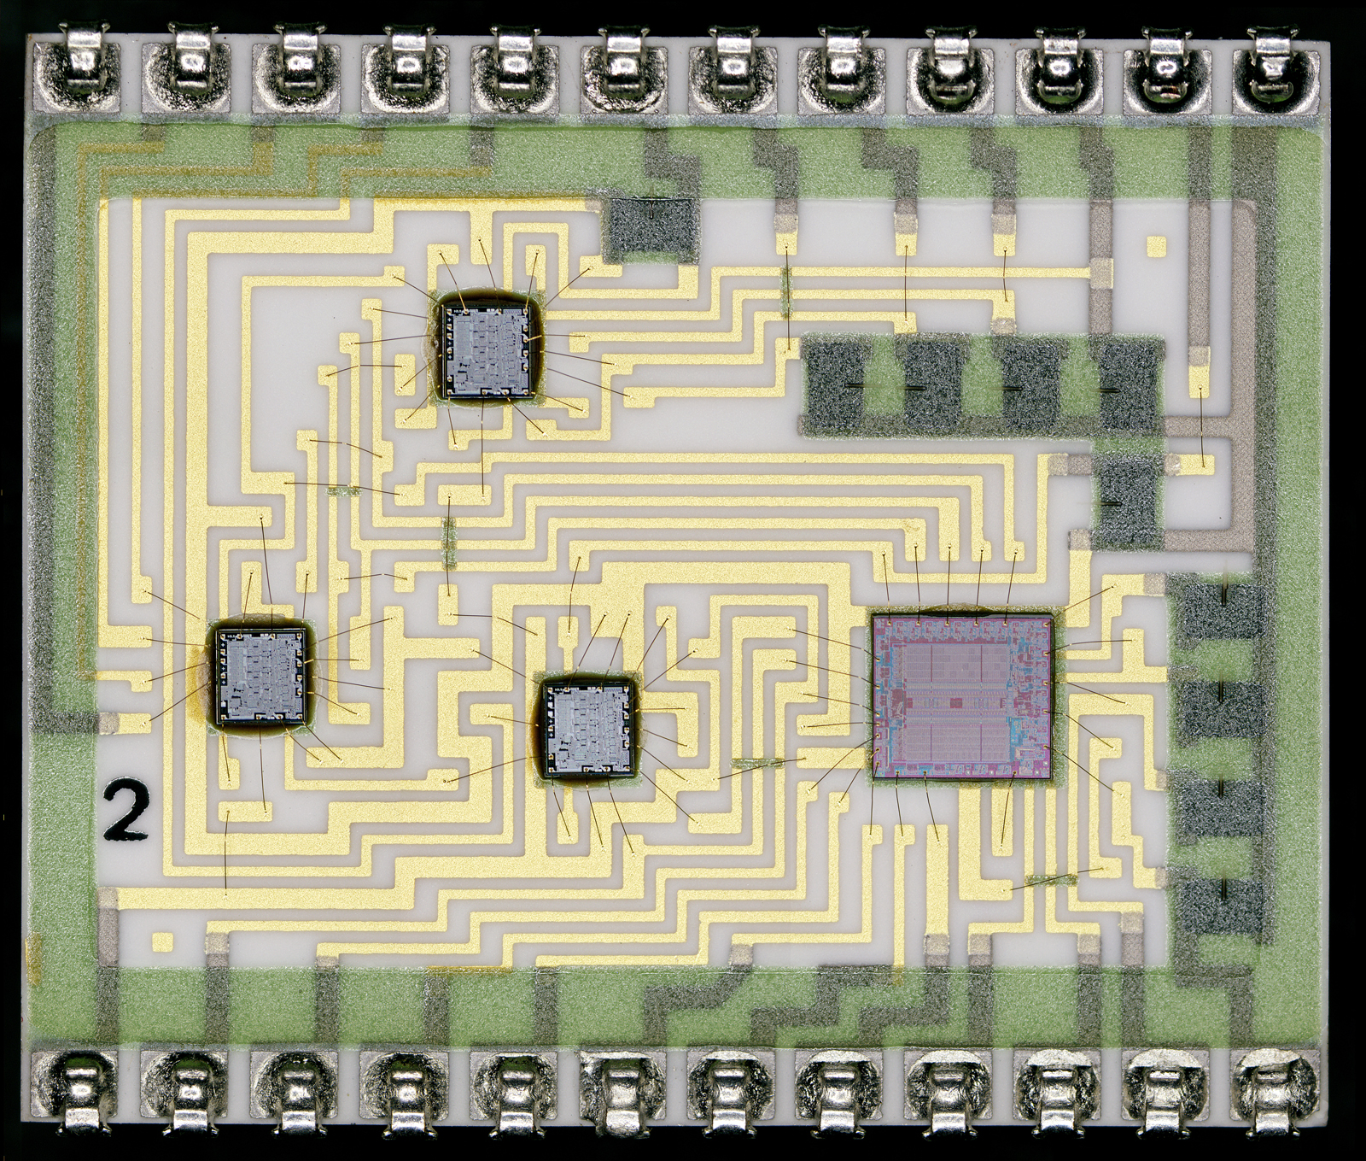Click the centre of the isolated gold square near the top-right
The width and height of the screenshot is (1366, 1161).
pyautogui.click(x=1157, y=247)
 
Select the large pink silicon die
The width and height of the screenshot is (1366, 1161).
pyautogui.click(x=963, y=695)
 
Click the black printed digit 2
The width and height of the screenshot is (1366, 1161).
pyautogui.click(x=126, y=808)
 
